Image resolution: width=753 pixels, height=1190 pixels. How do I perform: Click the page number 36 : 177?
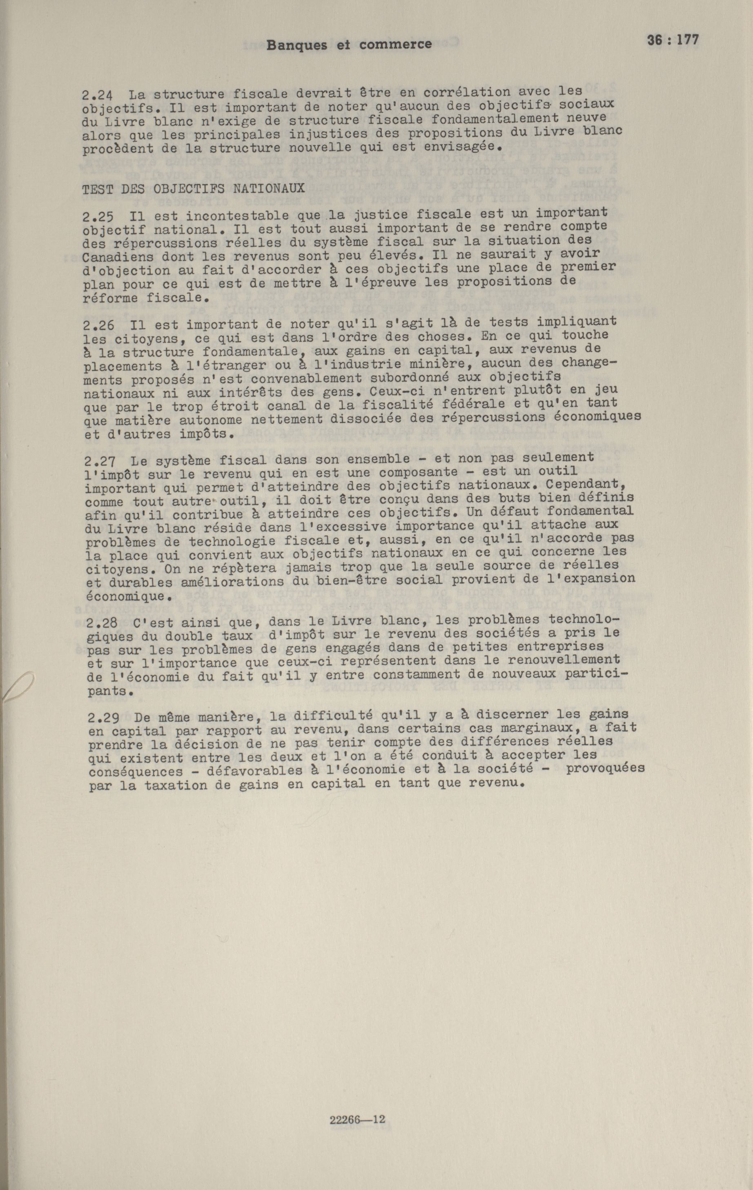[673, 40]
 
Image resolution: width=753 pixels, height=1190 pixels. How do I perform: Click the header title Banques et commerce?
[349, 45]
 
